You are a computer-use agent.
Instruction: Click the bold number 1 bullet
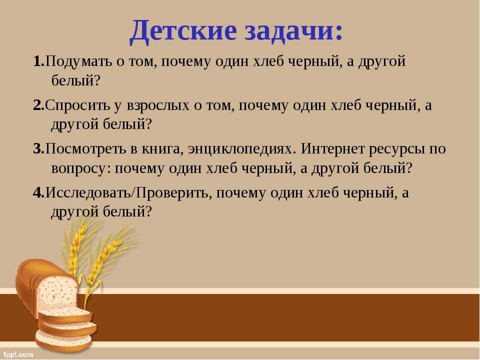tap(39, 61)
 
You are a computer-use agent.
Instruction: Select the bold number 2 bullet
tap(39, 105)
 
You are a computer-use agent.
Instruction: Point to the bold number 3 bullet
tap(39, 149)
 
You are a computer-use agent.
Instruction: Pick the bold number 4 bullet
tap(39, 193)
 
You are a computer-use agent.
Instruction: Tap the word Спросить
tap(77, 106)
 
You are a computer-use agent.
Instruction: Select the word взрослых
tap(158, 106)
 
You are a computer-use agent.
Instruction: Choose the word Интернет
tap(332, 149)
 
